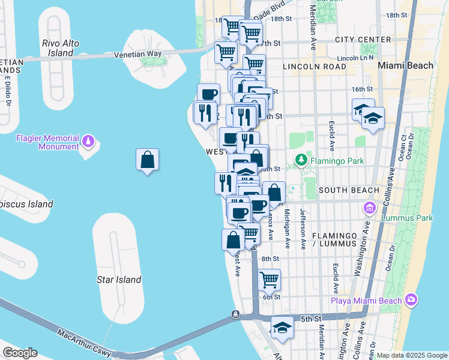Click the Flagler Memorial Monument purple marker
[x=88, y=141]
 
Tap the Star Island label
[x=119, y=280]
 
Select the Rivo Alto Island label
[x=61, y=48]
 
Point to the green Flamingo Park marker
[x=301, y=160]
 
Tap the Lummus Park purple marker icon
[x=370, y=208]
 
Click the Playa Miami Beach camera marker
[x=411, y=299]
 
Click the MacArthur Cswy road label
[x=84, y=340]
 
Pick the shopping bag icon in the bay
[x=147, y=161]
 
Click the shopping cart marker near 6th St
[x=270, y=279]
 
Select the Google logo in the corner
[x=19, y=353]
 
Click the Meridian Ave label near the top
[x=313, y=27]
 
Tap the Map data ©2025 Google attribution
[x=411, y=355]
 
